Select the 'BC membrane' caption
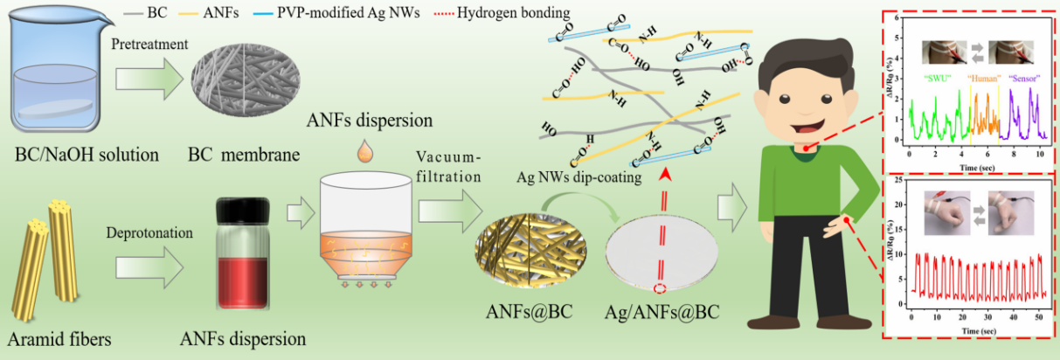click(243, 156)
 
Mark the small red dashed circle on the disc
click(663, 288)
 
